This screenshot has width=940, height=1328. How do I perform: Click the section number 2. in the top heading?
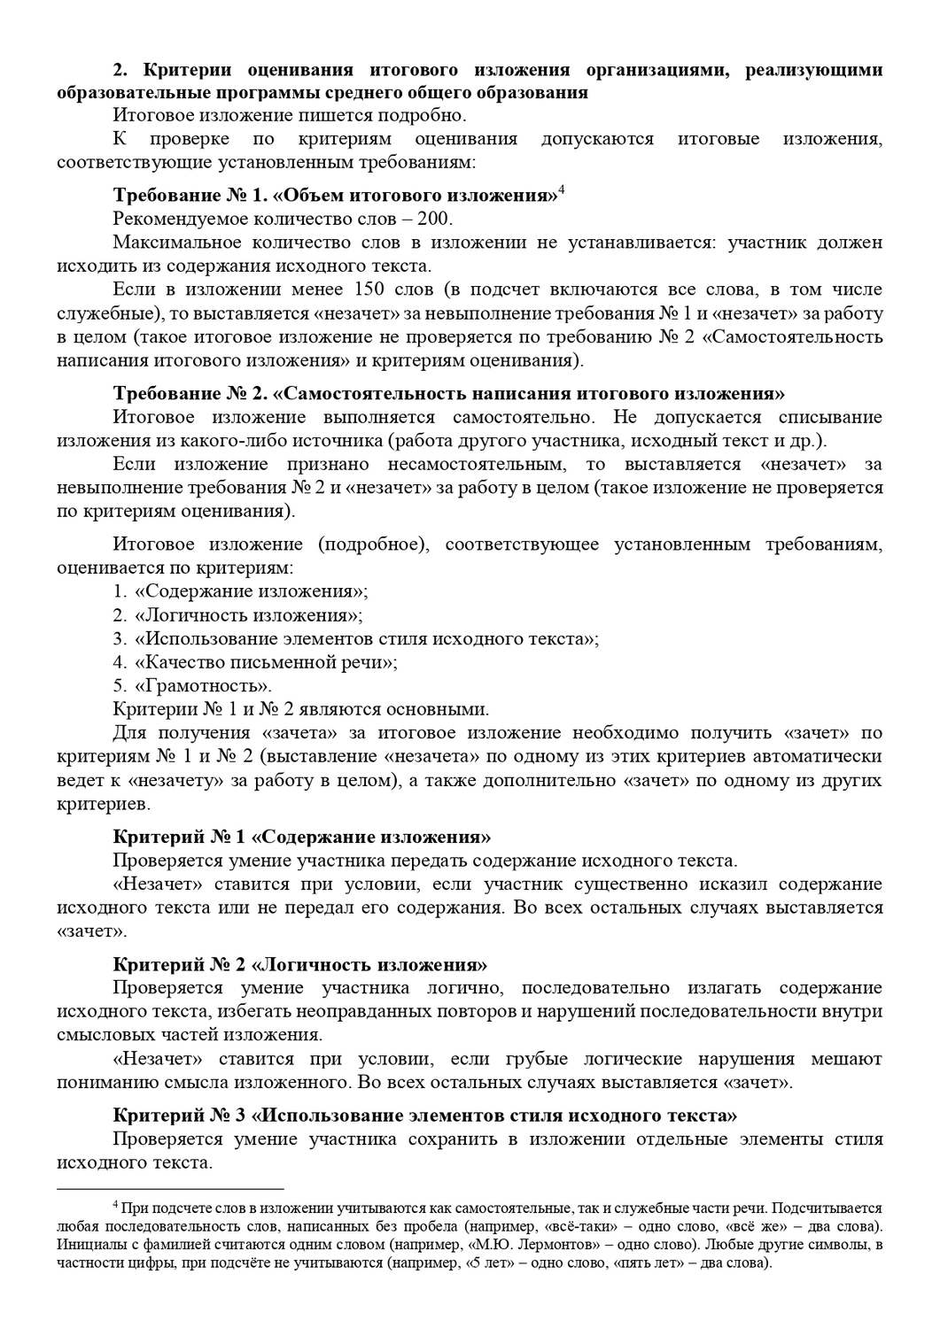[x=121, y=70]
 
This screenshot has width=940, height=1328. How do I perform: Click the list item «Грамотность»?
[x=203, y=685]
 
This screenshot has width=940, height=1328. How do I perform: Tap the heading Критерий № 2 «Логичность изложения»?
[x=300, y=965]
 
